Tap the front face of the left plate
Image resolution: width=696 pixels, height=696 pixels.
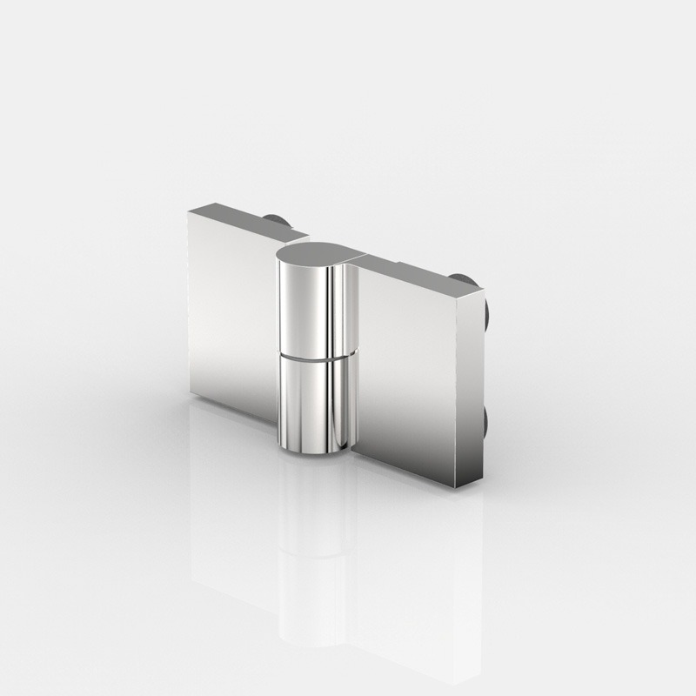[228, 313]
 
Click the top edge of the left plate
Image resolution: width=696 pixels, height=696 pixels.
[248, 219]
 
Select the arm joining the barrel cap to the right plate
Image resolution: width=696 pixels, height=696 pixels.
[357, 258]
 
